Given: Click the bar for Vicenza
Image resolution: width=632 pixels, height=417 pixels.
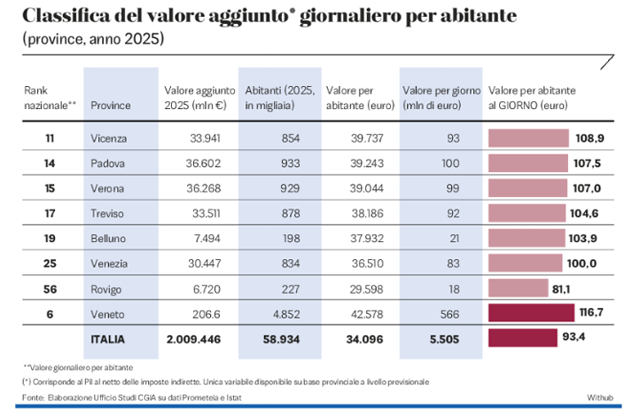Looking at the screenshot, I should click(528, 138).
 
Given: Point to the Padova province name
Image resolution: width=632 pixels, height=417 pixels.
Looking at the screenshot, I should click(107, 164).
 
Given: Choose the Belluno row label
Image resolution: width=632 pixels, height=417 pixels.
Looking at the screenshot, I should click(108, 239).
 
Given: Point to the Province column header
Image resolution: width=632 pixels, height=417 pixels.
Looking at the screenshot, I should click(111, 106).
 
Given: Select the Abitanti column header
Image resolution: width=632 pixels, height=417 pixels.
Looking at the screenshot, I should click(277, 98).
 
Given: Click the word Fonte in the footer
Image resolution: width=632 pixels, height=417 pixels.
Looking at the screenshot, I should click(33, 397).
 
